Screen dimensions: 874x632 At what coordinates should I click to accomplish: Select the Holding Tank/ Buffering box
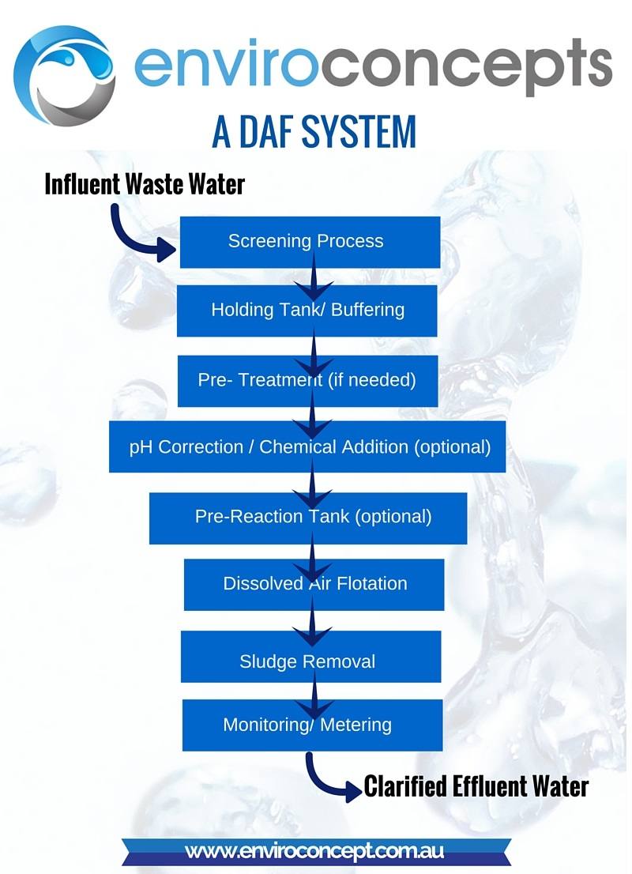tap(307, 310)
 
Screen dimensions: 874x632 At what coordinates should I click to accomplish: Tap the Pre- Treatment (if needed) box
tap(307, 380)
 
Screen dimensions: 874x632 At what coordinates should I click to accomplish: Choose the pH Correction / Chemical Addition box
tap(307, 447)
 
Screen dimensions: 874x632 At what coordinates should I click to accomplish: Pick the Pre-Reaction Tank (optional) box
tap(308, 518)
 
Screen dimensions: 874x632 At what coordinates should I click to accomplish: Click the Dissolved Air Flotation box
tap(314, 585)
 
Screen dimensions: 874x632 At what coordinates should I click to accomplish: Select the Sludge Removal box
tap(310, 661)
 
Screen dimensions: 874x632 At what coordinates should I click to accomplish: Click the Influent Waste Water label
tap(145, 184)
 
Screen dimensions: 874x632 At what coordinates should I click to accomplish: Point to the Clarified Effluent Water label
tap(476, 787)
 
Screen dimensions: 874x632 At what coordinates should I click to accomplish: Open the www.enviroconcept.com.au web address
tap(314, 852)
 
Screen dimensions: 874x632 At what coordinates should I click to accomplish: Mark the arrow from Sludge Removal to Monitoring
tap(314, 691)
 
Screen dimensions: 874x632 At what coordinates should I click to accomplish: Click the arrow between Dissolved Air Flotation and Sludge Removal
tap(314, 621)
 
